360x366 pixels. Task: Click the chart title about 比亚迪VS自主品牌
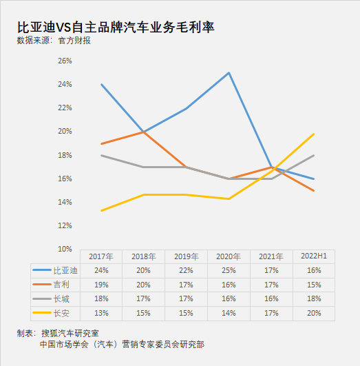(x=116, y=27)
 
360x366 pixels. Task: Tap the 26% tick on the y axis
(x=65, y=61)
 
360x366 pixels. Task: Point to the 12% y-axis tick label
(x=65, y=225)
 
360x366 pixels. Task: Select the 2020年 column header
(x=229, y=256)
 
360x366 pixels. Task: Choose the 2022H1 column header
(x=314, y=256)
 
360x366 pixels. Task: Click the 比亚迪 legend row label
(x=65, y=270)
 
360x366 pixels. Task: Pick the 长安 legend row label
(x=61, y=313)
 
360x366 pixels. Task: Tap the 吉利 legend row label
(x=61, y=285)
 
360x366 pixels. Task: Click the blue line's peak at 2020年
(x=229, y=73)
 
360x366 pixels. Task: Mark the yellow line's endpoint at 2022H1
(x=314, y=134)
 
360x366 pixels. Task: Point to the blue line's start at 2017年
(x=102, y=85)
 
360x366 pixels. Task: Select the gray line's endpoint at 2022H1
(x=314, y=156)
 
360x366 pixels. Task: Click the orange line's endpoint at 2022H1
(x=314, y=190)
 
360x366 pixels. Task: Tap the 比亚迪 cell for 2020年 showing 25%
(x=229, y=270)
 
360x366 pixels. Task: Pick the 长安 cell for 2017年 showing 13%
(x=101, y=313)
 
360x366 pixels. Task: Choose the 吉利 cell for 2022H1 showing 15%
(x=314, y=285)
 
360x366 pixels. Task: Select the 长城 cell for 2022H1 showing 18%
(x=314, y=298)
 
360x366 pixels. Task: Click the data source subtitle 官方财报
(x=74, y=41)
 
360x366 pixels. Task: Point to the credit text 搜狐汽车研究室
(x=70, y=333)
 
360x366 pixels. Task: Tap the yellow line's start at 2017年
(x=102, y=210)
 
